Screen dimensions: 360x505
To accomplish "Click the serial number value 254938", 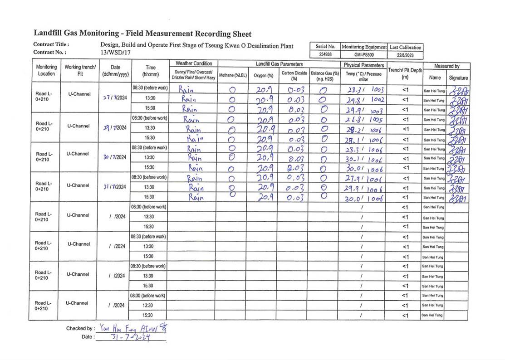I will pyautogui.click(x=325, y=54).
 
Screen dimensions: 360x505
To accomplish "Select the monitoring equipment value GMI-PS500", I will pyautogui.click(x=364, y=54).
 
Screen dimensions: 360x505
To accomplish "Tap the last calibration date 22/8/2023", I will pyautogui.click(x=405, y=55).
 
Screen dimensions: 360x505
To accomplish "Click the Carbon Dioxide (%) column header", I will pyautogui.click(x=294, y=75).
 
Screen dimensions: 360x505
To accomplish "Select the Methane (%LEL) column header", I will pyautogui.click(x=232, y=75).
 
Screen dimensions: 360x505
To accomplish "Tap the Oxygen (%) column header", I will pyautogui.click(x=264, y=75).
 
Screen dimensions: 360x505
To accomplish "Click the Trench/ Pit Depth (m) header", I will pyautogui.click(x=405, y=73).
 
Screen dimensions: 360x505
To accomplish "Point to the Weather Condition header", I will pyautogui.click(x=194, y=63).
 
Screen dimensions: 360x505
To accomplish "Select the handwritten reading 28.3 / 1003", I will pyautogui.click(x=364, y=89).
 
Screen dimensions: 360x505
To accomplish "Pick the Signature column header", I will pyautogui.click(x=458, y=78).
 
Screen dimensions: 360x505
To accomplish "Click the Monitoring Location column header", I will pyautogui.click(x=46, y=70).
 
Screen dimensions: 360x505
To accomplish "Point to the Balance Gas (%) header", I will pyautogui.click(x=325, y=75).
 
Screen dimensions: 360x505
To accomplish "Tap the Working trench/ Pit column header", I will pyautogui.click(x=80, y=70).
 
